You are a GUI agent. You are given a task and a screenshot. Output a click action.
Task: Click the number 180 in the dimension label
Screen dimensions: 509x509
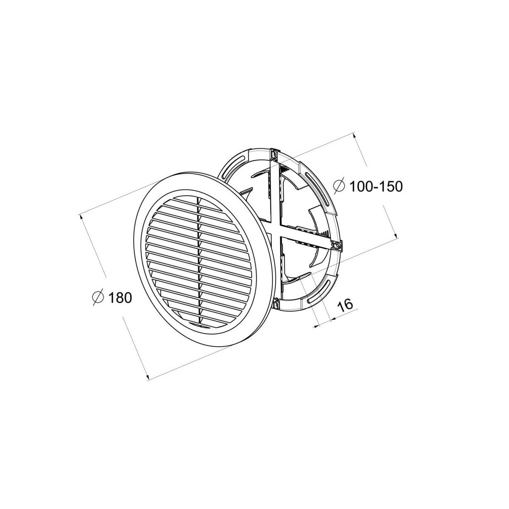click(120, 298)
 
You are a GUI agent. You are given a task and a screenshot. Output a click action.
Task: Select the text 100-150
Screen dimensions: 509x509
click(376, 187)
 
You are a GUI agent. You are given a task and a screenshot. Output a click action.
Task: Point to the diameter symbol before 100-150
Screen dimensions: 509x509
click(339, 186)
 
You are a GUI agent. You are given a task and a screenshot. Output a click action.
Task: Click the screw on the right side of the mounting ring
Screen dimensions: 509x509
click(336, 246)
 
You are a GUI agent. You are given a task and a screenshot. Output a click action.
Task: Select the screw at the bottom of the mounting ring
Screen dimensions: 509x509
click(276, 305)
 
